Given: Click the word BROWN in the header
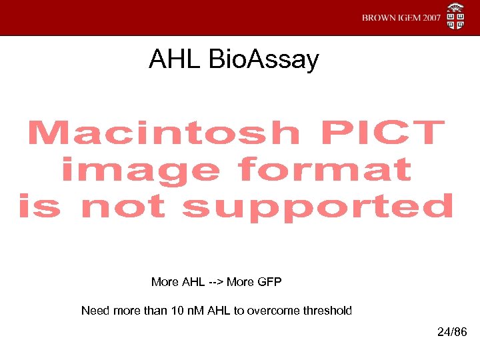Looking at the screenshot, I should coord(378,18).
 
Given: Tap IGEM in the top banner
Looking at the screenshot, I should coord(407,18).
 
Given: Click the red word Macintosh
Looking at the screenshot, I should coord(163,133).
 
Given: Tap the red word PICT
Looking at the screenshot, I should coord(382,133).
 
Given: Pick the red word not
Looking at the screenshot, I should coord(122,207).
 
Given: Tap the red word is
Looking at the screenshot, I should coord(39,207).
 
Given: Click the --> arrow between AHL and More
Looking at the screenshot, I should coord(214,282).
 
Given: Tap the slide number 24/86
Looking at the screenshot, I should coord(453,331).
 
